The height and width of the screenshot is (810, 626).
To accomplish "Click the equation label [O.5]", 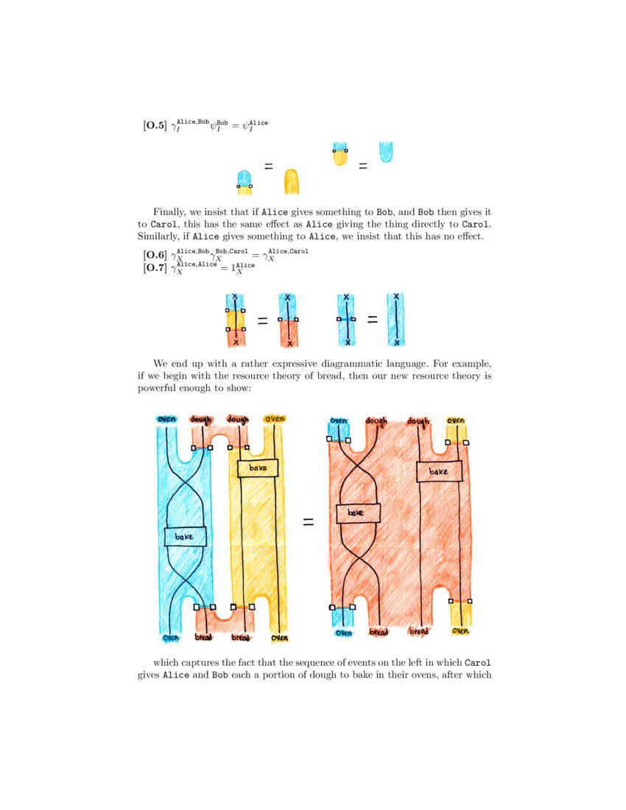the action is pyautogui.click(x=155, y=125).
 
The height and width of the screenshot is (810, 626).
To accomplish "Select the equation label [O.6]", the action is pyautogui.click(x=155, y=255).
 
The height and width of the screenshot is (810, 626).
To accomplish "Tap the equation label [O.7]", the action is pyautogui.click(x=155, y=267).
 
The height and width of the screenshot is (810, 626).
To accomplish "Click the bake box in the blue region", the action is pyautogui.click(x=185, y=537).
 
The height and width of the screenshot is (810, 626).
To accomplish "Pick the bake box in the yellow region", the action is pyautogui.click(x=258, y=468).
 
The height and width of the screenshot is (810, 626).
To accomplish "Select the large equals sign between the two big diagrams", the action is pyautogui.click(x=309, y=522).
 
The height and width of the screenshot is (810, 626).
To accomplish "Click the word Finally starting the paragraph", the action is pyautogui.click(x=169, y=212).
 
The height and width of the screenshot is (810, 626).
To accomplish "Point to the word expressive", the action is pyautogui.click(x=292, y=364).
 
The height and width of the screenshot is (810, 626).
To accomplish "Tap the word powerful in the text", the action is pyautogui.click(x=156, y=388).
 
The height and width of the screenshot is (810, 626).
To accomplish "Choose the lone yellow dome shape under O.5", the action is pyautogui.click(x=292, y=182).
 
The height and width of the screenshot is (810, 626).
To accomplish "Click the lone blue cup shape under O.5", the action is pyautogui.click(x=386, y=152).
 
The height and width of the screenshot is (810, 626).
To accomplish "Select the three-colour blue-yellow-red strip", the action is pyautogui.click(x=236, y=320).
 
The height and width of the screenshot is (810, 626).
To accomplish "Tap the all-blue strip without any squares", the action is pyautogui.click(x=396, y=320).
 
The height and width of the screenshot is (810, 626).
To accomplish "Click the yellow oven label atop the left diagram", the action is pyautogui.click(x=274, y=419).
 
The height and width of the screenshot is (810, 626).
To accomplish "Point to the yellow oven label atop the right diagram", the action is pyautogui.click(x=456, y=421).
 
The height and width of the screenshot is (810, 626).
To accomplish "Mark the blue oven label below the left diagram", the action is pyautogui.click(x=171, y=638).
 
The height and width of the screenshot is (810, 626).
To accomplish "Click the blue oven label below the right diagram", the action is pyautogui.click(x=343, y=633).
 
